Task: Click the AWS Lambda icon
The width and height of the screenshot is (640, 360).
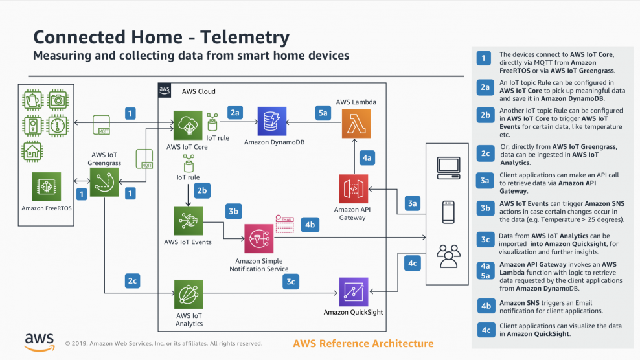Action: pos(356,124)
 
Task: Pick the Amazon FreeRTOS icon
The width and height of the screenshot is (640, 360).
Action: pos(46,187)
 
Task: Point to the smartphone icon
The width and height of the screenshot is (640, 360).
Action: pos(448,212)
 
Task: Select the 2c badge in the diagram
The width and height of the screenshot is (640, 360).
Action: pos(131,281)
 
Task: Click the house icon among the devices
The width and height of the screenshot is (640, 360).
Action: pos(31,152)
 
